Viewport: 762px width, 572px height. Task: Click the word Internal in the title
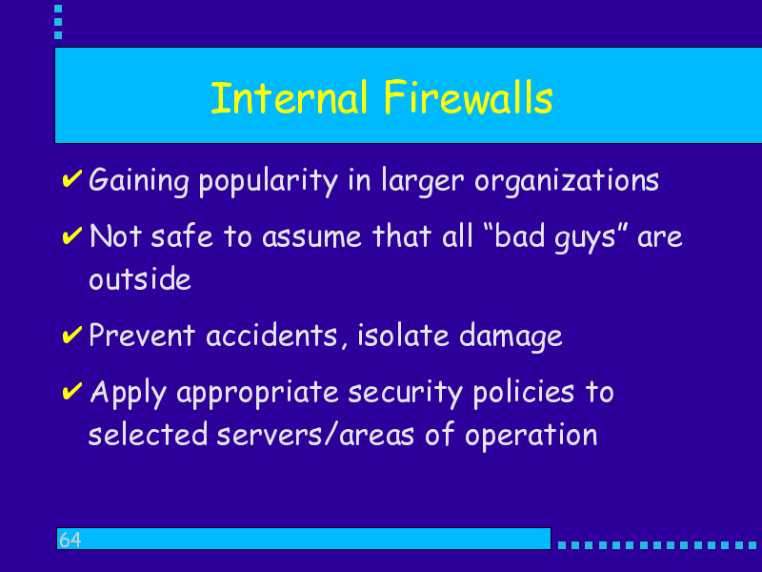289,98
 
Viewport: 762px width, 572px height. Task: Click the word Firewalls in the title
468,98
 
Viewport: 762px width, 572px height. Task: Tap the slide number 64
70,540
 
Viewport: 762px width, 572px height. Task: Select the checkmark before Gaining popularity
72,178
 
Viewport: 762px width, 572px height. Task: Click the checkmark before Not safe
72,235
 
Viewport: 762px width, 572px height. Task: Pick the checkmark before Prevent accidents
72,335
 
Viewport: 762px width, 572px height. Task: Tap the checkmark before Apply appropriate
72,391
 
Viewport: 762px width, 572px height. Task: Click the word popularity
268,181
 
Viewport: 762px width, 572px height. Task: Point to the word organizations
567,181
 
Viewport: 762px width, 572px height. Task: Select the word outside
140,278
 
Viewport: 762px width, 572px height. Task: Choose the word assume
311,237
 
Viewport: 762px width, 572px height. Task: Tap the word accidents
272,336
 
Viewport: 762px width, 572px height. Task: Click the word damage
511,337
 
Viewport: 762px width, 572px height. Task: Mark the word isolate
403,336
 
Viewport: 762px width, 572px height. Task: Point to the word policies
524,393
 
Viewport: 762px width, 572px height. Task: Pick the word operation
531,436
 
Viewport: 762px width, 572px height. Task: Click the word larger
423,181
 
